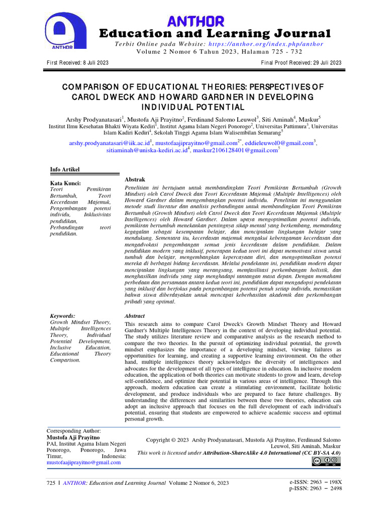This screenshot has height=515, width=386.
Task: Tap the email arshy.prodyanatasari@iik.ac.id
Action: pyautogui.click(x=110, y=143)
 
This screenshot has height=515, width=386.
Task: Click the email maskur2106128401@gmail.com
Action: pyautogui.click(x=235, y=150)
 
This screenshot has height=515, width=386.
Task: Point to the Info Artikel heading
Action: pyautogui.click(x=65, y=169)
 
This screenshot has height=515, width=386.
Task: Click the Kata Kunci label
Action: pyautogui.click(x=65, y=183)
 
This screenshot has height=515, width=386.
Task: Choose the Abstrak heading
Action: pyautogui.click(x=135, y=180)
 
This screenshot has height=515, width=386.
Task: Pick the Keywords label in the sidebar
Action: pyautogui.click(x=63, y=315)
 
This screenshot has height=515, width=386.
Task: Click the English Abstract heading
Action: pyautogui.click(x=134, y=316)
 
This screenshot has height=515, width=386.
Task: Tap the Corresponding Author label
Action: pyautogui.click(x=73, y=431)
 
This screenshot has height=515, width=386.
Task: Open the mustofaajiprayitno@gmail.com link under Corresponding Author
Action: pyautogui.click(x=83, y=462)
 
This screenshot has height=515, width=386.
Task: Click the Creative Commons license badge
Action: pyautogui.click(x=326, y=462)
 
